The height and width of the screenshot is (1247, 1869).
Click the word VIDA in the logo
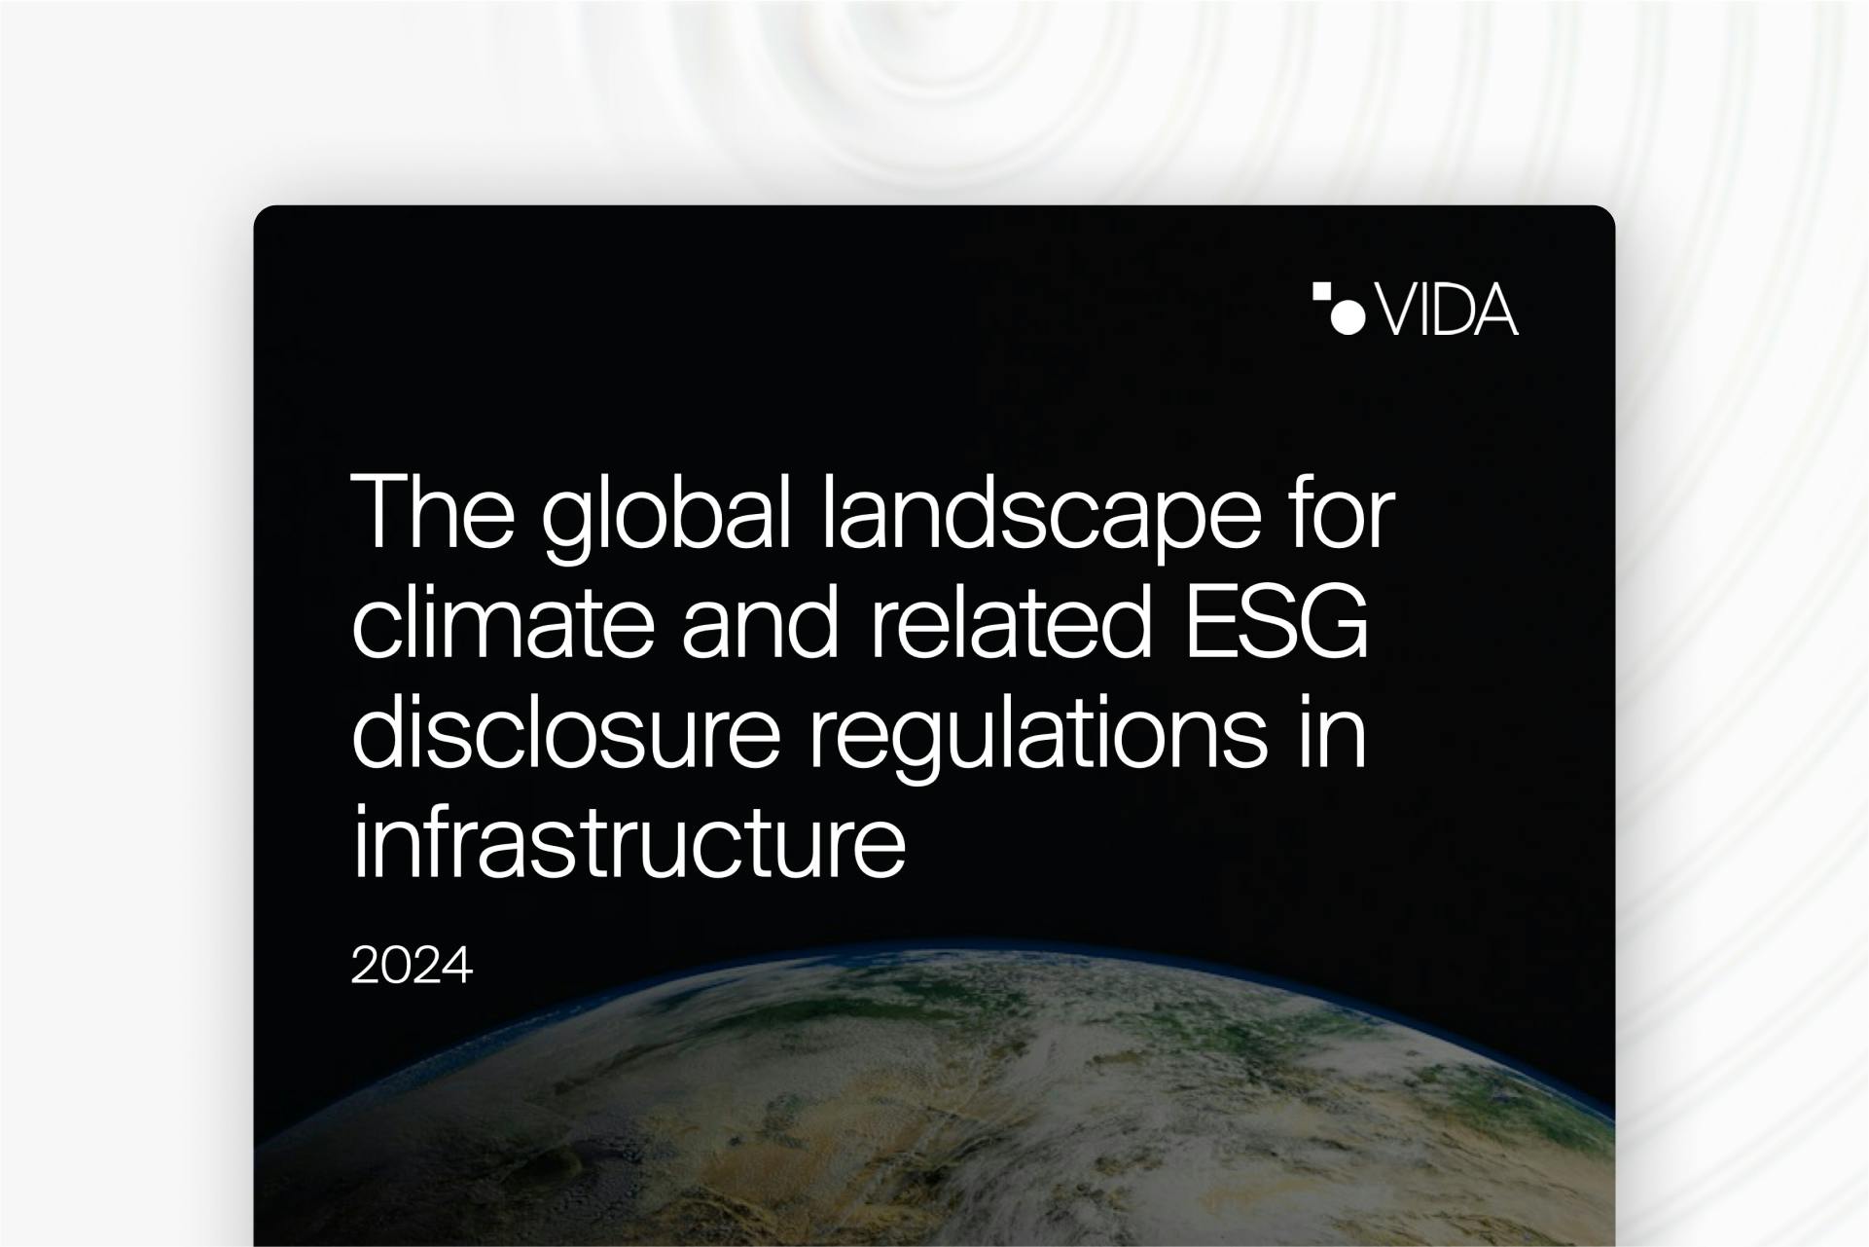click(1448, 311)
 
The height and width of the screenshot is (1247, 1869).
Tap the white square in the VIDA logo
click(1321, 292)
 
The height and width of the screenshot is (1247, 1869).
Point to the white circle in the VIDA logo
click(1348, 317)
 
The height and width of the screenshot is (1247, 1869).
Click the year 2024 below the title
click(412, 966)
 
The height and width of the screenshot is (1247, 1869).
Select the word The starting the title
click(433, 511)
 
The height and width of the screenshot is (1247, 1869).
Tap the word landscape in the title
click(1041, 518)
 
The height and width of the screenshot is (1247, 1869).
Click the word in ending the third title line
click(1331, 732)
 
